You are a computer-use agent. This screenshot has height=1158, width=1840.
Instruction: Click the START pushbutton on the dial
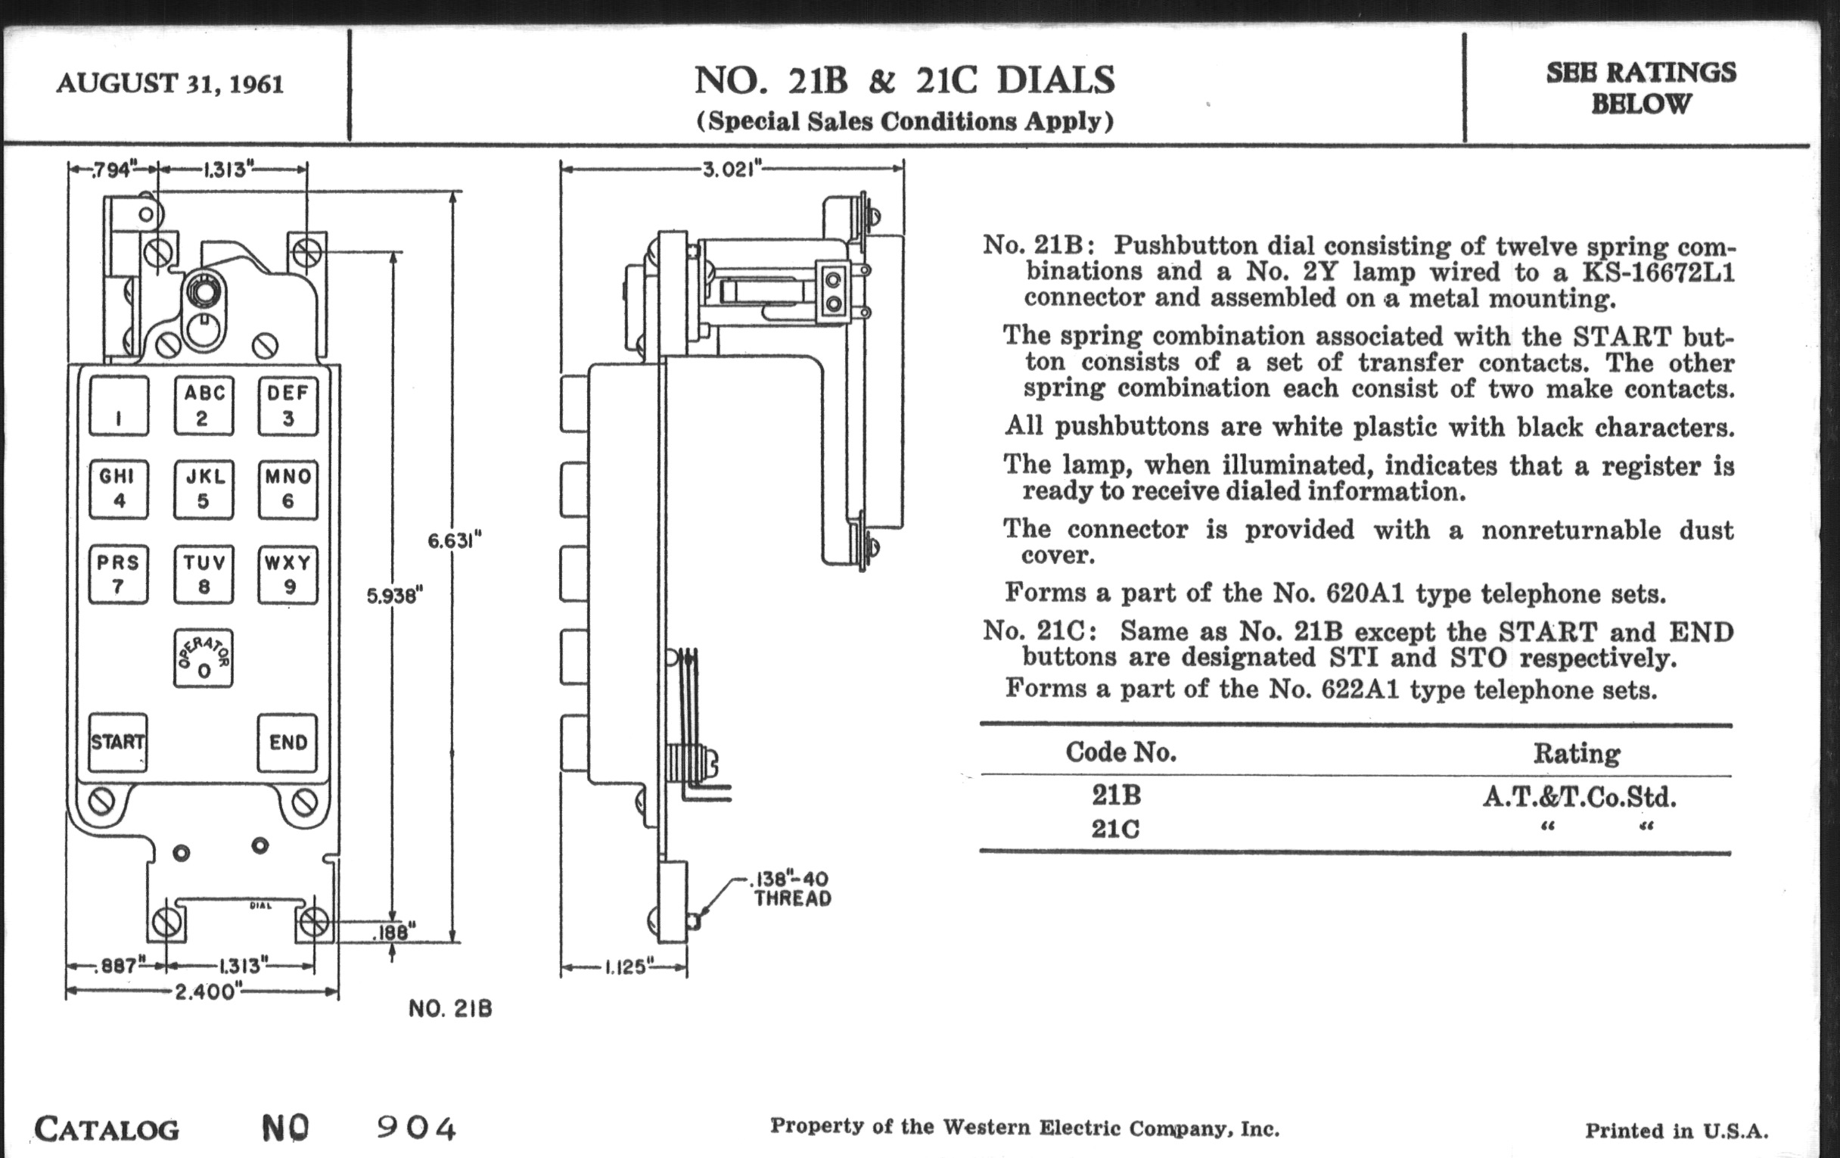(x=118, y=742)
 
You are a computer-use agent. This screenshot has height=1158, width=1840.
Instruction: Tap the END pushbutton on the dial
(x=287, y=742)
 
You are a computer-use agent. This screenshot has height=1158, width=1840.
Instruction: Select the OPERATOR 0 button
(x=204, y=658)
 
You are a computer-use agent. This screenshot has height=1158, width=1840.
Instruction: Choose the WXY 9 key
(x=287, y=574)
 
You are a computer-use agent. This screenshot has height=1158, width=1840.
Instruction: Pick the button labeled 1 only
(x=119, y=406)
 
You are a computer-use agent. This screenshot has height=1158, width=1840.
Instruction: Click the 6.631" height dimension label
(x=454, y=542)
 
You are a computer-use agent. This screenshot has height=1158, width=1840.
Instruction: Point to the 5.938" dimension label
(x=394, y=596)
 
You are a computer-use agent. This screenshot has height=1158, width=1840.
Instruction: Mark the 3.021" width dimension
(x=733, y=170)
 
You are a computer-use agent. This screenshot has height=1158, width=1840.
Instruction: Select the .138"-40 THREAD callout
(x=791, y=889)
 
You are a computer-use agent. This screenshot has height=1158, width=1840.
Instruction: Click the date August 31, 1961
(x=169, y=83)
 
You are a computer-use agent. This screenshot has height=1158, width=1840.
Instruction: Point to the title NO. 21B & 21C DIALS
(x=905, y=80)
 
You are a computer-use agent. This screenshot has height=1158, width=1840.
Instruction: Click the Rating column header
(x=1576, y=754)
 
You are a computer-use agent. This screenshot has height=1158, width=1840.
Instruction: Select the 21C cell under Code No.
(x=1116, y=830)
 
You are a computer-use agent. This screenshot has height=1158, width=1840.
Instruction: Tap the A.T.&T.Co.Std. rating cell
(x=1580, y=797)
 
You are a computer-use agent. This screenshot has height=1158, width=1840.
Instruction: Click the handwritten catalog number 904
(x=416, y=1128)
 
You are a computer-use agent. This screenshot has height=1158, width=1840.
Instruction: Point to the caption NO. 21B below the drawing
(x=450, y=1009)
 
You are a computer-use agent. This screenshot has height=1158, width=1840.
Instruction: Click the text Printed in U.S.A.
(x=1677, y=1132)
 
